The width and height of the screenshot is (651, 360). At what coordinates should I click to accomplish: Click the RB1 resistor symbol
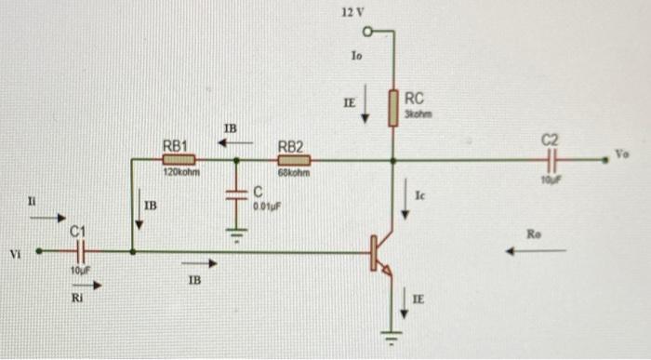178,159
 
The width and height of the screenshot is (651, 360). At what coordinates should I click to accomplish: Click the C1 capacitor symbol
81,251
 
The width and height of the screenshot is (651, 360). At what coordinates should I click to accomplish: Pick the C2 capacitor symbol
550,159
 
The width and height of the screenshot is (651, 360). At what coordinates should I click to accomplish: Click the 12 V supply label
352,13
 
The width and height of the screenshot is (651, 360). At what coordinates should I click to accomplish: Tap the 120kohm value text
177,173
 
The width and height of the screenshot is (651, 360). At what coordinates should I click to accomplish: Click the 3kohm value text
415,113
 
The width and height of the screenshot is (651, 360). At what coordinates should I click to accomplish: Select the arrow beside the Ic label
405,206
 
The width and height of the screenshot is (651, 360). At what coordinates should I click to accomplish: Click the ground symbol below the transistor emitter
393,336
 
